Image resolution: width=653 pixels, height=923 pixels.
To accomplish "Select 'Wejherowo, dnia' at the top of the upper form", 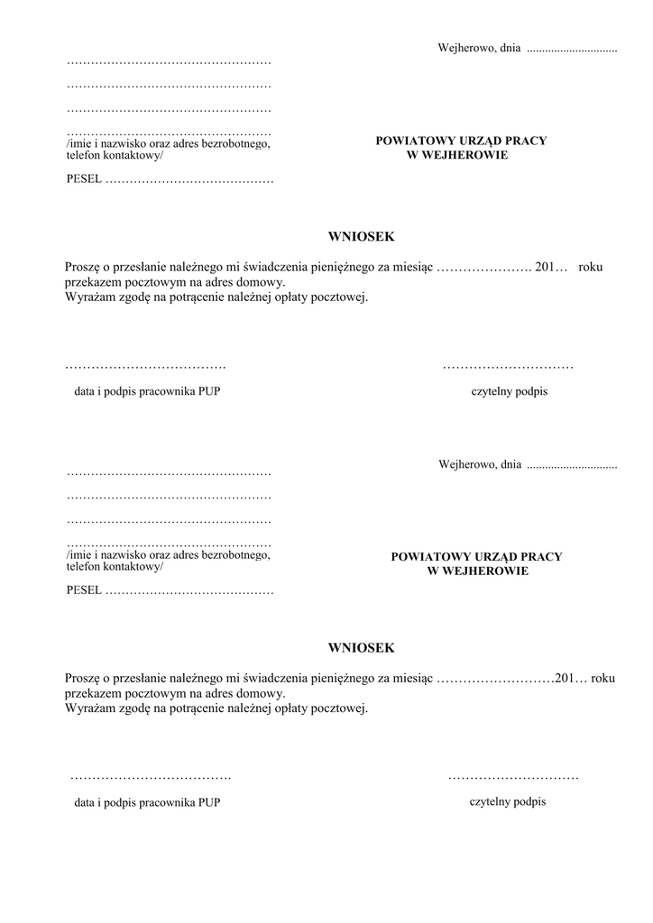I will click(479, 48).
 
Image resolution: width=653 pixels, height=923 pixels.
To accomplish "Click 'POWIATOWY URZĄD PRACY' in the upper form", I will click(461, 141).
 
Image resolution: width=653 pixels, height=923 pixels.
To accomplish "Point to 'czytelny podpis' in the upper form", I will click(510, 392).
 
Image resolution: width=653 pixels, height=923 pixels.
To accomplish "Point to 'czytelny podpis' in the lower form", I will click(508, 801).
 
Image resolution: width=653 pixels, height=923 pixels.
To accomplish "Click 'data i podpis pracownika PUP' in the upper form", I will click(147, 392).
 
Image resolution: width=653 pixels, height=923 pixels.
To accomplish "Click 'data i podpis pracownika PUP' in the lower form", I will click(147, 802).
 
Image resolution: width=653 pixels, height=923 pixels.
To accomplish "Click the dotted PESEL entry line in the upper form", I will click(189, 180).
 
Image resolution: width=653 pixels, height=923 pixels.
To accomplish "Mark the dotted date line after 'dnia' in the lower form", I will click(572, 467).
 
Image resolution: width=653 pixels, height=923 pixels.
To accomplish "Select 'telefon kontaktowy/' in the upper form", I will click(115, 155).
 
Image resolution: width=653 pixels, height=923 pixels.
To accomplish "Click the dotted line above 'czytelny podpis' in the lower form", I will click(512, 776).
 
